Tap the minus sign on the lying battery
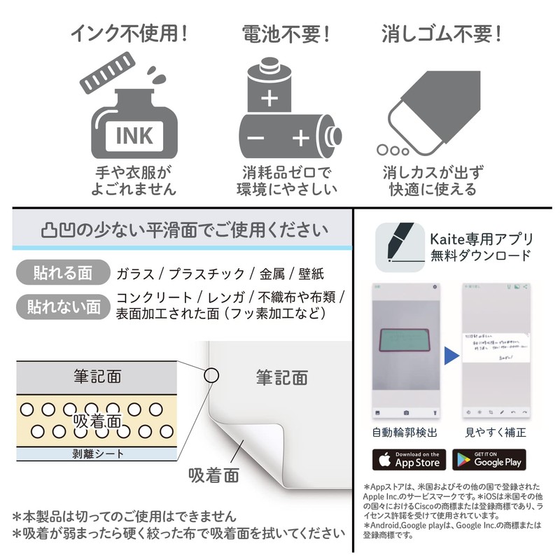[x=255, y=138]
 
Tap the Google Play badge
[x=489, y=459]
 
